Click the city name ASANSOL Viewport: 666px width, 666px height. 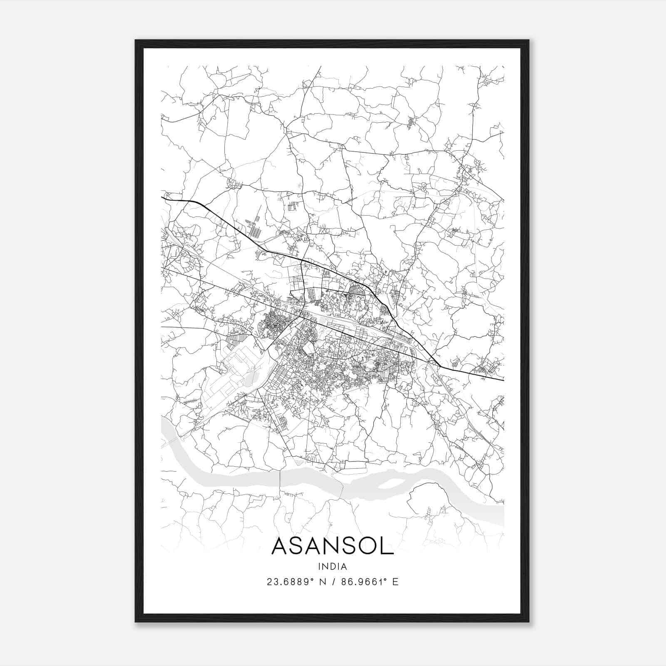(x=333, y=546)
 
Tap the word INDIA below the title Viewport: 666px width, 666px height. (x=333, y=566)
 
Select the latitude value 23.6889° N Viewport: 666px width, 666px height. (x=296, y=582)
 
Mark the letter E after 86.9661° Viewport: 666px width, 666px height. (x=395, y=582)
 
